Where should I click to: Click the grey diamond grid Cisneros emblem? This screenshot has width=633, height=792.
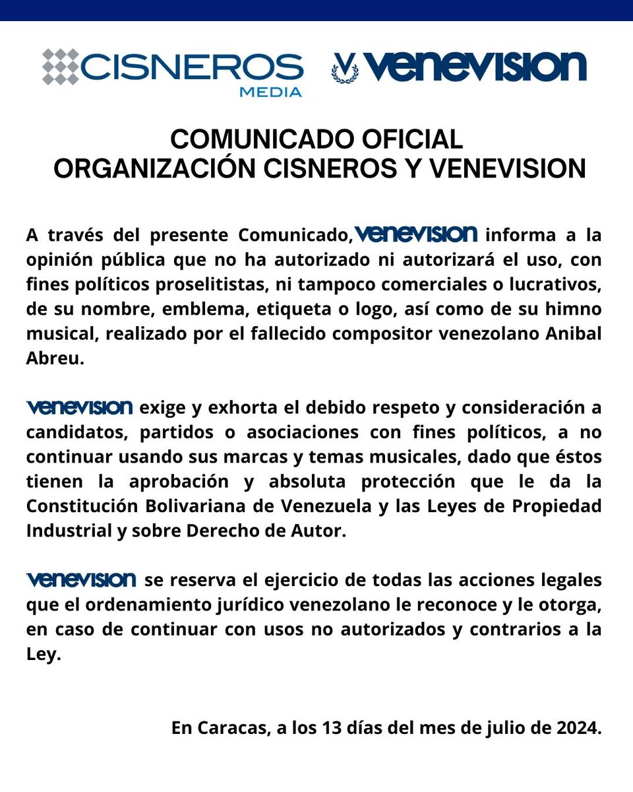(x=61, y=67)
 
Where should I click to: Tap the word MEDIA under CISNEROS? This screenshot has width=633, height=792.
(x=270, y=92)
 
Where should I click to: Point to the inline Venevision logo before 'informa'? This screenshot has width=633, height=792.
(x=415, y=234)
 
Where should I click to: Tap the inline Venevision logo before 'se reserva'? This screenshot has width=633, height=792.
(x=81, y=580)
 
